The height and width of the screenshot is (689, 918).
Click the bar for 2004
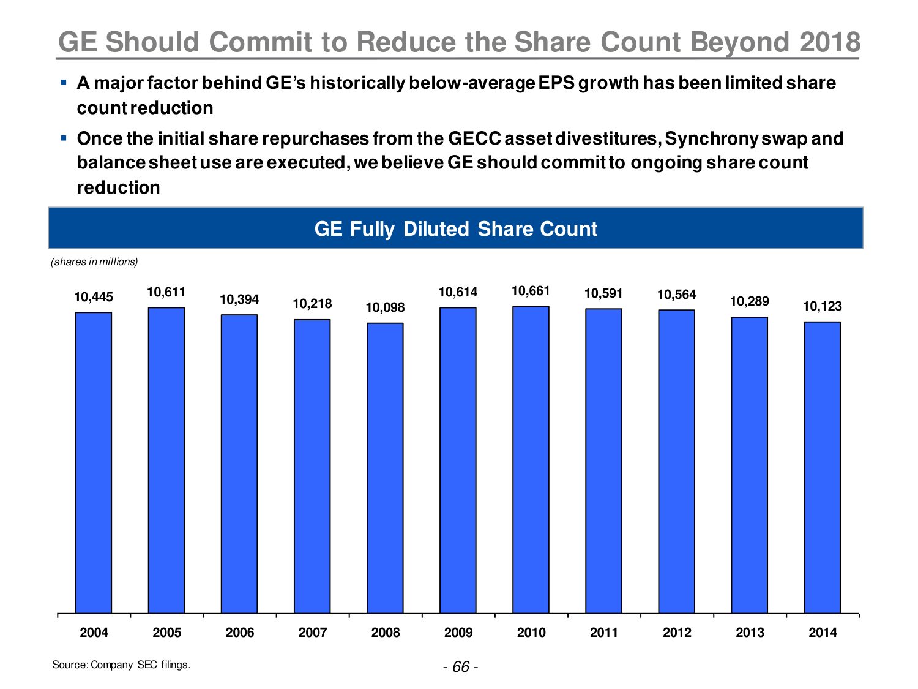tap(94, 462)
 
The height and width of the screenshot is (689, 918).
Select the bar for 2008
tap(385, 468)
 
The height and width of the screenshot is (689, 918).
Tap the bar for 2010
tap(531, 459)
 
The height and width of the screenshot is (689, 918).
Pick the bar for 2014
tap(822, 467)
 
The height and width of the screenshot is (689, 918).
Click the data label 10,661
tap(531, 291)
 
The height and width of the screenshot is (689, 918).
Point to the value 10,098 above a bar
tap(385, 307)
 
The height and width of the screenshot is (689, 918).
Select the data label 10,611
tap(166, 292)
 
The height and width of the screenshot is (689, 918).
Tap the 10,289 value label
tap(749, 301)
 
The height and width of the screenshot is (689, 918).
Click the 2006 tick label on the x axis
tap(239, 632)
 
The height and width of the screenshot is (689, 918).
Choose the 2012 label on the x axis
tap(677, 632)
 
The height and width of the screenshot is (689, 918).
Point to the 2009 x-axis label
tap(458, 632)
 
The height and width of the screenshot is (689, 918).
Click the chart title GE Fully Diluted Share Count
tap(455, 228)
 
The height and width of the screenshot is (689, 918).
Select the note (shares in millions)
tap(94, 262)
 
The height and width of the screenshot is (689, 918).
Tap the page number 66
tap(461, 666)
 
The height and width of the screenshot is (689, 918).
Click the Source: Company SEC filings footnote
tap(121, 665)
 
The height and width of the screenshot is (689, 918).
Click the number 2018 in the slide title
tap(830, 42)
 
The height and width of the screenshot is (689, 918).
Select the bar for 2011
tap(603, 461)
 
